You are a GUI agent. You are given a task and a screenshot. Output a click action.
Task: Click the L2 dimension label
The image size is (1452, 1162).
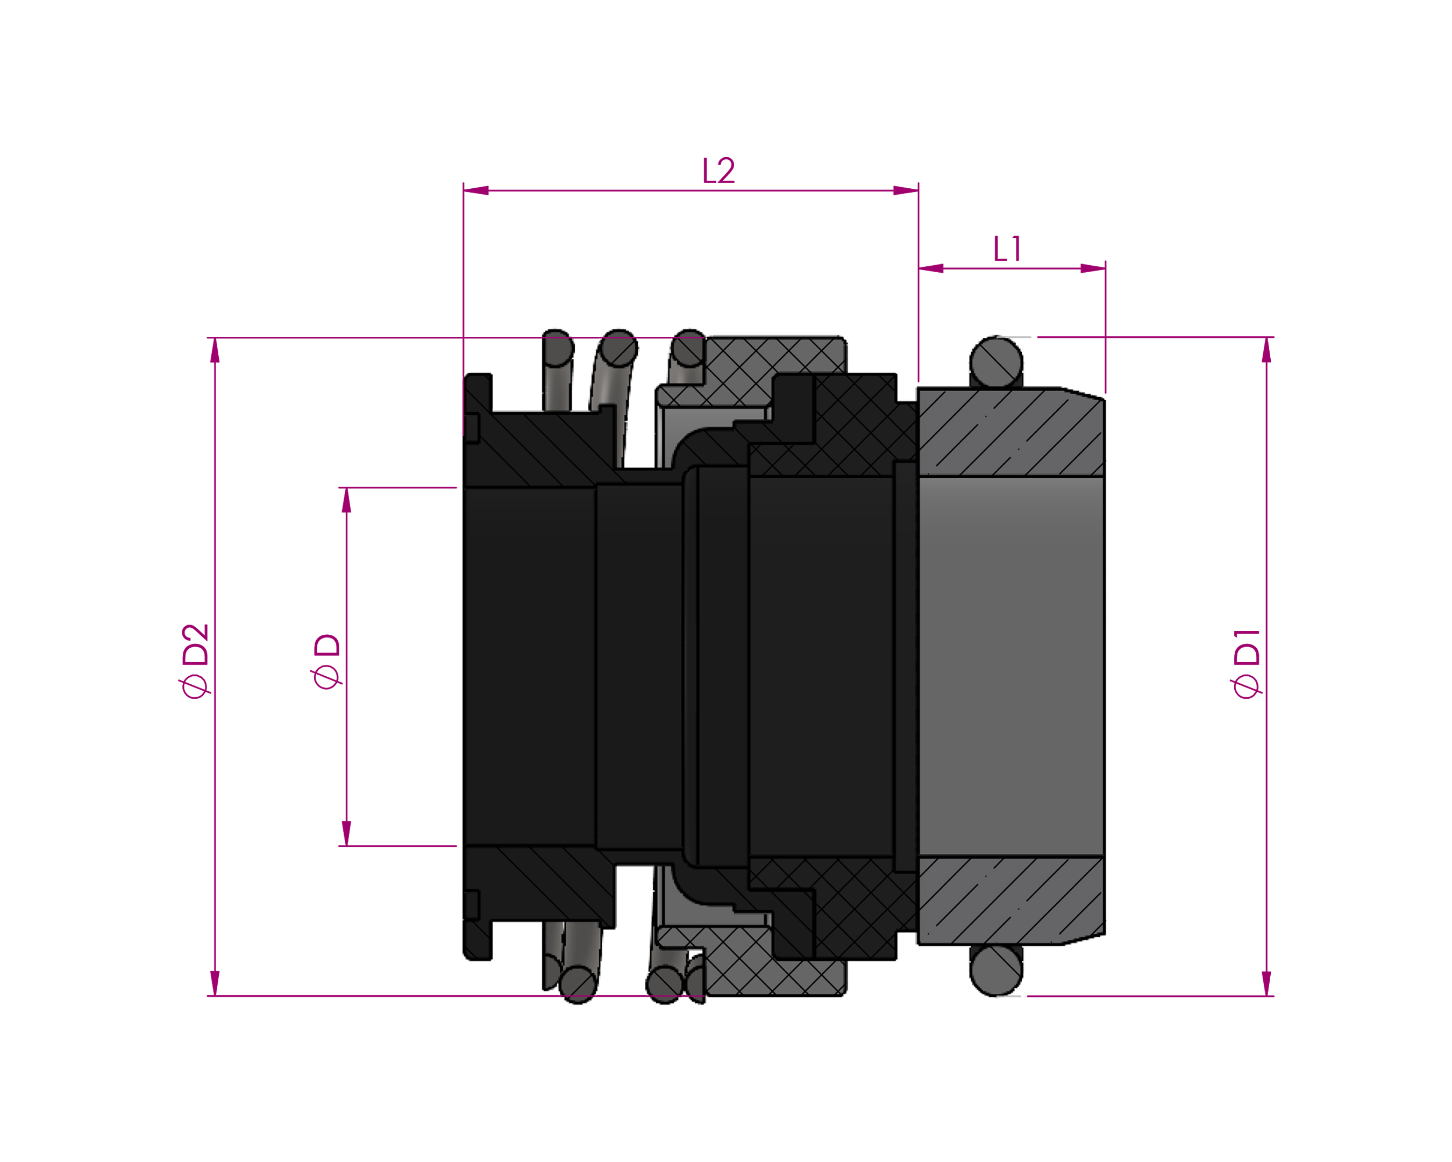[x=718, y=171]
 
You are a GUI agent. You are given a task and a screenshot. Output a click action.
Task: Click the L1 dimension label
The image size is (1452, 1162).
[x=1007, y=249]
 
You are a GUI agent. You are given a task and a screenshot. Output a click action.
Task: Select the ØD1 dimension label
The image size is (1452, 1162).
[x=1246, y=663]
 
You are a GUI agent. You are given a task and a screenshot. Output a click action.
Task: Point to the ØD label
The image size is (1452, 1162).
[x=326, y=662]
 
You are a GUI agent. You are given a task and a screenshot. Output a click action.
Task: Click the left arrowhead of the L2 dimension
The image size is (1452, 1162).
[x=476, y=190]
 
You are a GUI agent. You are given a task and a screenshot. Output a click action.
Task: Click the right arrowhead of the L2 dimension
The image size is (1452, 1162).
[x=906, y=190]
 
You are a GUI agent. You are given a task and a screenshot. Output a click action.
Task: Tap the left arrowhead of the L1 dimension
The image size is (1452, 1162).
[x=931, y=269]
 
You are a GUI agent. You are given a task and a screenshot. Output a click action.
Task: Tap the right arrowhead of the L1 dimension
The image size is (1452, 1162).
[x=1093, y=269]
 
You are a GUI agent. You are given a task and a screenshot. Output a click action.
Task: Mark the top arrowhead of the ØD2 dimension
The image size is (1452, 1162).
[x=215, y=350]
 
